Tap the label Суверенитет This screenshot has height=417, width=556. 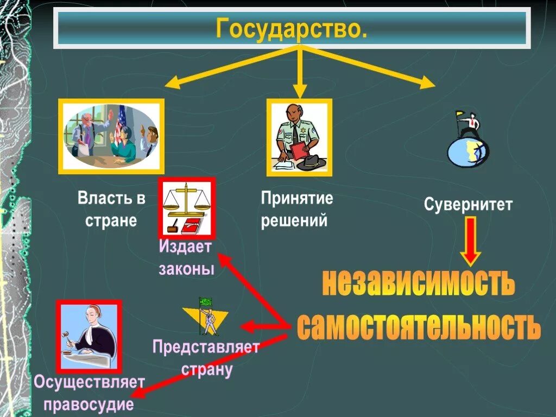[x=468, y=205]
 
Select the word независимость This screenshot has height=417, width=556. [x=418, y=283]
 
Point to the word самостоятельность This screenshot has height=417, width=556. [x=419, y=326]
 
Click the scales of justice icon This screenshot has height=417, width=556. [x=186, y=208]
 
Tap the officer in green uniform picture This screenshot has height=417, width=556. [x=299, y=138]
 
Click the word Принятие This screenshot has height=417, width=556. [x=296, y=198]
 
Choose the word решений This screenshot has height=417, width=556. [x=294, y=222]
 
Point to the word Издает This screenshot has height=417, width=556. [x=185, y=247]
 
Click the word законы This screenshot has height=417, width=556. [x=186, y=269]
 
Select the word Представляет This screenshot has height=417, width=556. [x=206, y=347]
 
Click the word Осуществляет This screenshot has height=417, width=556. [x=89, y=382]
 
